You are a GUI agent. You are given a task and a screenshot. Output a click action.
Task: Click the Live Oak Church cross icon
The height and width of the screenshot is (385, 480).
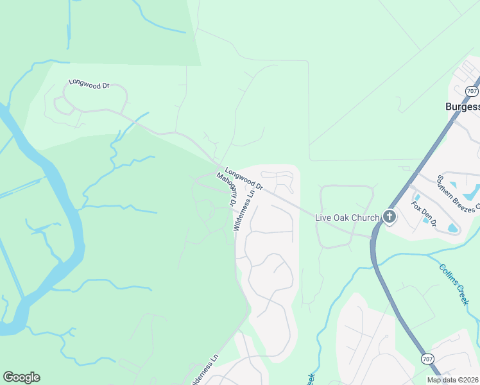point(389,217)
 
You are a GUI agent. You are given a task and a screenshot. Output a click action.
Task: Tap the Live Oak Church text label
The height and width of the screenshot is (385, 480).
point(347,218)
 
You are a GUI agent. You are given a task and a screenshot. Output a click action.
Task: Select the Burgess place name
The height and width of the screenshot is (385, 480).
point(462,107)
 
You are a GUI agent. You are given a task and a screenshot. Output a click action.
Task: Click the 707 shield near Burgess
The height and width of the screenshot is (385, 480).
point(472,91)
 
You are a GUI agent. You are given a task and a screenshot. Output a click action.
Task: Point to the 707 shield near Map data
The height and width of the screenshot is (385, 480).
point(427,357)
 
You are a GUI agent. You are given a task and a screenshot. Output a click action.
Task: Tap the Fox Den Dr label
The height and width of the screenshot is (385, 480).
point(424,214)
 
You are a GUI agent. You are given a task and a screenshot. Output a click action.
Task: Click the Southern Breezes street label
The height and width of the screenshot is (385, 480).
point(458,192)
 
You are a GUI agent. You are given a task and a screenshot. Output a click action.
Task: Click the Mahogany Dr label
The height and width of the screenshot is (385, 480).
point(227,189)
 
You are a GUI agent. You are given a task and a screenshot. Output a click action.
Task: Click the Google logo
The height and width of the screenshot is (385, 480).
point(21,377)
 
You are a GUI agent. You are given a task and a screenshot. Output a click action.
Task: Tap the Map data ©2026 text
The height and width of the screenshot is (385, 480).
point(453,380)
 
